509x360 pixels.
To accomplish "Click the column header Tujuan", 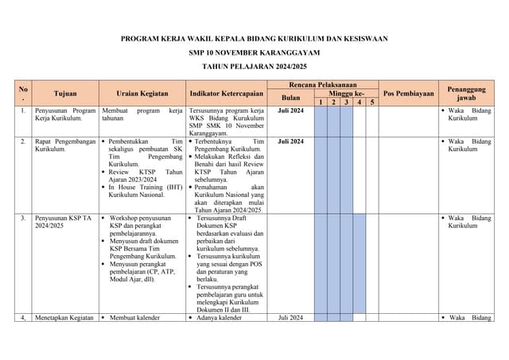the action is [x=65, y=94].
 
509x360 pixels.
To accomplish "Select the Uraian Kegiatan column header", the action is [x=142, y=94].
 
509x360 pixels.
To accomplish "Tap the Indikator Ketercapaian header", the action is [x=227, y=94].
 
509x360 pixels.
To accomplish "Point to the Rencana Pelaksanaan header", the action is [x=322, y=84].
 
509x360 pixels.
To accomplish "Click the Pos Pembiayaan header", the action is [x=408, y=94].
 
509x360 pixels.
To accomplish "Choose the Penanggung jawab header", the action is [x=466, y=94].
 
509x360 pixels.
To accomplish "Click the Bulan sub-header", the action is [x=290, y=97].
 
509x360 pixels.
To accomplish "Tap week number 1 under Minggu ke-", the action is [x=320, y=102].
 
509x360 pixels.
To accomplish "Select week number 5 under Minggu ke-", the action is [x=371, y=102].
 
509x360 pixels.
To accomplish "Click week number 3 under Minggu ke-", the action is [x=346, y=102].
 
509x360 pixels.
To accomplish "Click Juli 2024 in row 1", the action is [x=290, y=110].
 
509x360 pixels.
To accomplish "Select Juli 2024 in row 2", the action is [x=290, y=141].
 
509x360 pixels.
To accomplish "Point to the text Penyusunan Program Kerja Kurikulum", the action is [x=65, y=114].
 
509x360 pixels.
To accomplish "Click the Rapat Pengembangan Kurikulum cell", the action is [x=65, y=145].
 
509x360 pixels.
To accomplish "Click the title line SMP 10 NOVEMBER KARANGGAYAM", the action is [x=254, y=52].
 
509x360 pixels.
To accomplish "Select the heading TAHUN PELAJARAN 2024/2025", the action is [x=254, y=67].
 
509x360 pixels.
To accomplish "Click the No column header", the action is [x=23, y=93].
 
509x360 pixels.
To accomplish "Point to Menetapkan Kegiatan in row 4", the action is [x=65, y=319].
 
